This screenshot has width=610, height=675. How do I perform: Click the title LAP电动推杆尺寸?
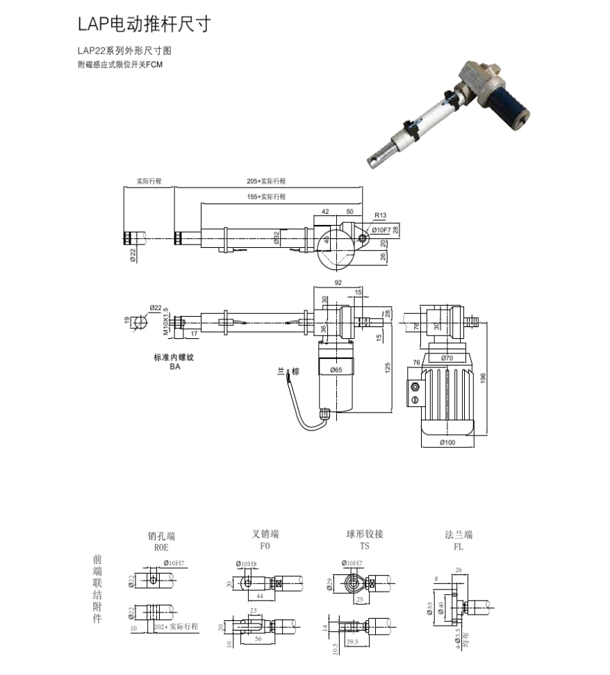(x=143, y=25)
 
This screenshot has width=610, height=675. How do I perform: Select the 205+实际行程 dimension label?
(x=266, y=181)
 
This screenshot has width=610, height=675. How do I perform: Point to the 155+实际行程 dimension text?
(x=266, y=197)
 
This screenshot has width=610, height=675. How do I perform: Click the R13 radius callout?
(x=380, y=216)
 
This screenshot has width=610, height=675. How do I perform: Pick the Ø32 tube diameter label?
(x=277, y=238)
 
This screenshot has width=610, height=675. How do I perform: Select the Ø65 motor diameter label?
(x=336, y=370)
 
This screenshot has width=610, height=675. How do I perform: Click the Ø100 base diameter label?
(x=446, y=443)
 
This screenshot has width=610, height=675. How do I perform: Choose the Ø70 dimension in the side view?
(x=447, y=358)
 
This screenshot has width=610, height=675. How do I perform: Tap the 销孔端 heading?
(x=161, y=536)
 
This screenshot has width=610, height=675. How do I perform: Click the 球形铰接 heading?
(x=365, y=535)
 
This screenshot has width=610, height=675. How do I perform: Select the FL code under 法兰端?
(x=459, y=547)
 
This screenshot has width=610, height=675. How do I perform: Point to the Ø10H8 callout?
(x=247, y=563)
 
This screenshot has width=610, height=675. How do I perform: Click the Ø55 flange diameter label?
(x=430, y=608)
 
